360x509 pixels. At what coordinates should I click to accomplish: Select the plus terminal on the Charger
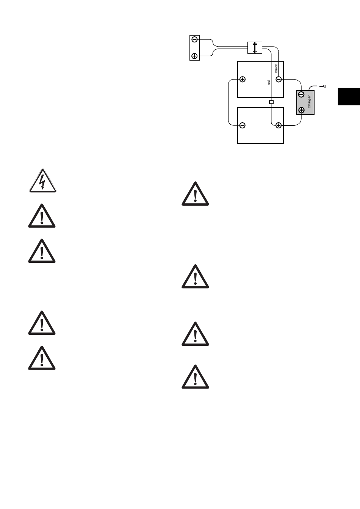pos(301,110)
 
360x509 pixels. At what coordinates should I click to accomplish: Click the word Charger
pos(309,102)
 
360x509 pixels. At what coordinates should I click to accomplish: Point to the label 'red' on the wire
pos(269,83)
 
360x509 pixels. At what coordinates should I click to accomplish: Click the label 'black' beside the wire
pos(276,68)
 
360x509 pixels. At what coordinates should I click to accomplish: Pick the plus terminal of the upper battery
pos(243,80)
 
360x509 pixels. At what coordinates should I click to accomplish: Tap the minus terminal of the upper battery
pos(279,80)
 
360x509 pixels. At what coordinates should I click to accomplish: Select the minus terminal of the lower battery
pos(243,125)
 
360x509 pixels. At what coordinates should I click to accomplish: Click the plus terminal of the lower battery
pos(279,125)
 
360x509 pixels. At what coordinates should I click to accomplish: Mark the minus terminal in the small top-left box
pos(194,39)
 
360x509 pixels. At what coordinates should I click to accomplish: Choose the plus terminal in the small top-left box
pos(194,56)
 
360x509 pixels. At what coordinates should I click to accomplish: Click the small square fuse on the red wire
pos(271,102)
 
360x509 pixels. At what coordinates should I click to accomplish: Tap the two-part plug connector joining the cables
pos(255,47)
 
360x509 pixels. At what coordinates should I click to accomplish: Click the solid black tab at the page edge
pos(349,96)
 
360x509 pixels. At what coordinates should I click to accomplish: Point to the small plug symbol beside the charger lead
pos(324,87)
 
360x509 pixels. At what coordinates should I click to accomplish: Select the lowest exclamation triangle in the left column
pos(42,358)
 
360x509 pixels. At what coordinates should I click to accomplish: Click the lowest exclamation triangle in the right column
pos(195,377)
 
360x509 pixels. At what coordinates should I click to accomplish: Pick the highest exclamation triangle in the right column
pos(195,194)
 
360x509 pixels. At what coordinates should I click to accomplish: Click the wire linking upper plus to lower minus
pos(229,102)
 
